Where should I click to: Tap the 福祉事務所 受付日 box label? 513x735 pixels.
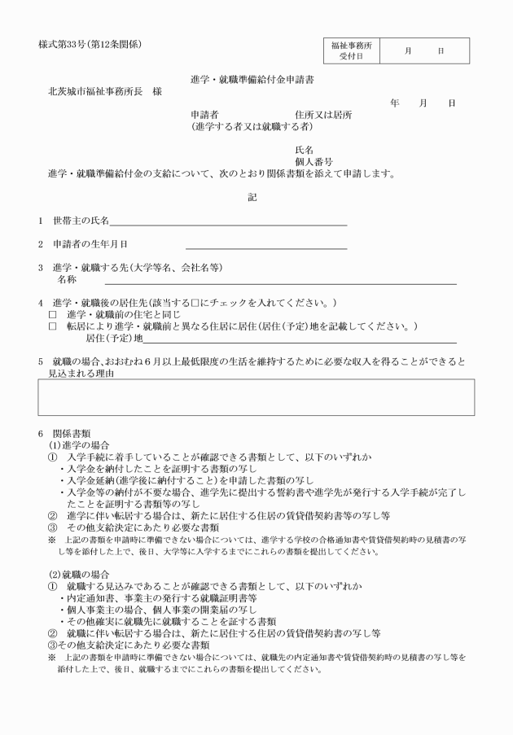pyautogui.click(x=351, y=50)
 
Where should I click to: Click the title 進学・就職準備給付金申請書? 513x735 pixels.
pyautogui.click(x=252, y=80)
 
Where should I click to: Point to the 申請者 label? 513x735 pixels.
pyautogui.click(x=204, y=115)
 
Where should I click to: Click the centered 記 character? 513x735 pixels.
pyautogui.click(x=252, y=196)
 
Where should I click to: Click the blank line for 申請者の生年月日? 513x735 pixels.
pyautogui.click(x=265, y=244)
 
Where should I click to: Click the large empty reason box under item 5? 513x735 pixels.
pyautogui.click(x=256, y=396)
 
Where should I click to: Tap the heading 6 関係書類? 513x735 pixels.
pyautogui.click(x=70, y=433)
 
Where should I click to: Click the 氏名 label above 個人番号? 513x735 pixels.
pyautogui.click(x=304, y=151)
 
